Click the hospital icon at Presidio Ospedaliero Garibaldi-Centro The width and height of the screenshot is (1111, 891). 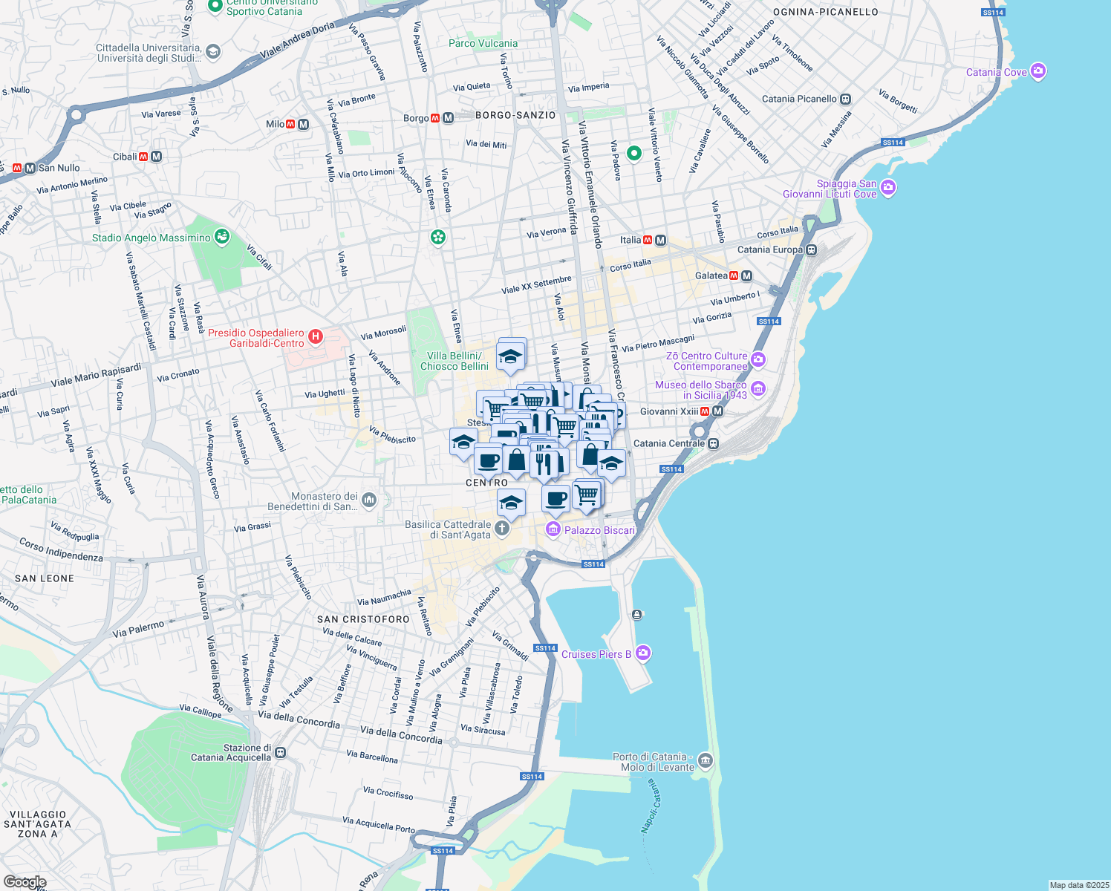316,337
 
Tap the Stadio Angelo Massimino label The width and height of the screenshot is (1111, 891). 151,238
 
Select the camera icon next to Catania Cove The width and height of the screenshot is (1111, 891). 1038,71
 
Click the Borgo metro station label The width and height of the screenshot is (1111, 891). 416,118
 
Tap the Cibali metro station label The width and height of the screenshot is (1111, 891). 125,157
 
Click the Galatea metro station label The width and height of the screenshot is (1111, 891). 711,275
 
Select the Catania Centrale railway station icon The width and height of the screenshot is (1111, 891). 713,443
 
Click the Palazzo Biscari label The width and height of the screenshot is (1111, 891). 599,530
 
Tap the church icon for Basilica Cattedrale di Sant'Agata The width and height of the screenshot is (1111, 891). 502,529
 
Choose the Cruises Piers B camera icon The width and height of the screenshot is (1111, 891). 643,653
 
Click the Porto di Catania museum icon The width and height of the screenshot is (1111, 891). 705,760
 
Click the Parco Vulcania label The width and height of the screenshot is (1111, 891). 483,43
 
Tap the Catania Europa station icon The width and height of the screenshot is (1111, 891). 812,249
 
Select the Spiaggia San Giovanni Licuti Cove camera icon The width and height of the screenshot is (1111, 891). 888,188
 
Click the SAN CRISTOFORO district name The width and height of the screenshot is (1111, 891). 363,619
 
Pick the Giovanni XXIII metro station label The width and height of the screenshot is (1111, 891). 669,411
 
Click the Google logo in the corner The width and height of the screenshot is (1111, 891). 25,881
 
